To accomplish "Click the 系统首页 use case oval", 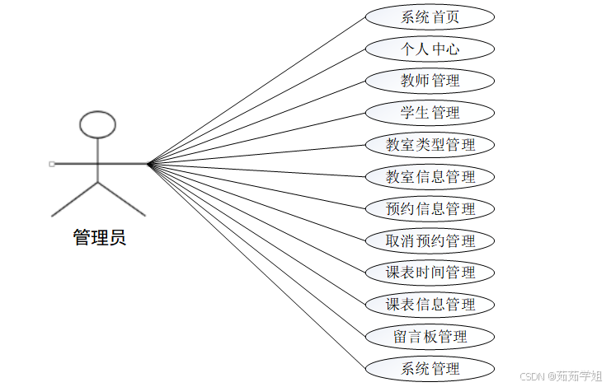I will (430, 16).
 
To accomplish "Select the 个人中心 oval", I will (430, 49).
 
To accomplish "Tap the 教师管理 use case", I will (430, 81).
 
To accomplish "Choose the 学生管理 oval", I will (430, 113).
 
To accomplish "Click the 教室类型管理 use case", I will (430, 145).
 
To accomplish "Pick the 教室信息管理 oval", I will (430, 176).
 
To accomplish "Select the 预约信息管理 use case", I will (430, 208).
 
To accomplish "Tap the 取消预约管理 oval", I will (430, 240).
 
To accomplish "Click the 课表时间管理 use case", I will (430, 273).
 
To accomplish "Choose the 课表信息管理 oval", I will (430, 305).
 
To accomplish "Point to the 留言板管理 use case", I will (430, 336).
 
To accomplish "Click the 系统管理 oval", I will (430, 368).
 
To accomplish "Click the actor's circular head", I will (97, 124).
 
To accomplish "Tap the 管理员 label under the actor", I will (99, 240).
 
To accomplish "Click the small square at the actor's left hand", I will (52, 164).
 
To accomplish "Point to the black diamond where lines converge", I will (150, 164).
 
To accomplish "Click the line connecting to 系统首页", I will (256, 91).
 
